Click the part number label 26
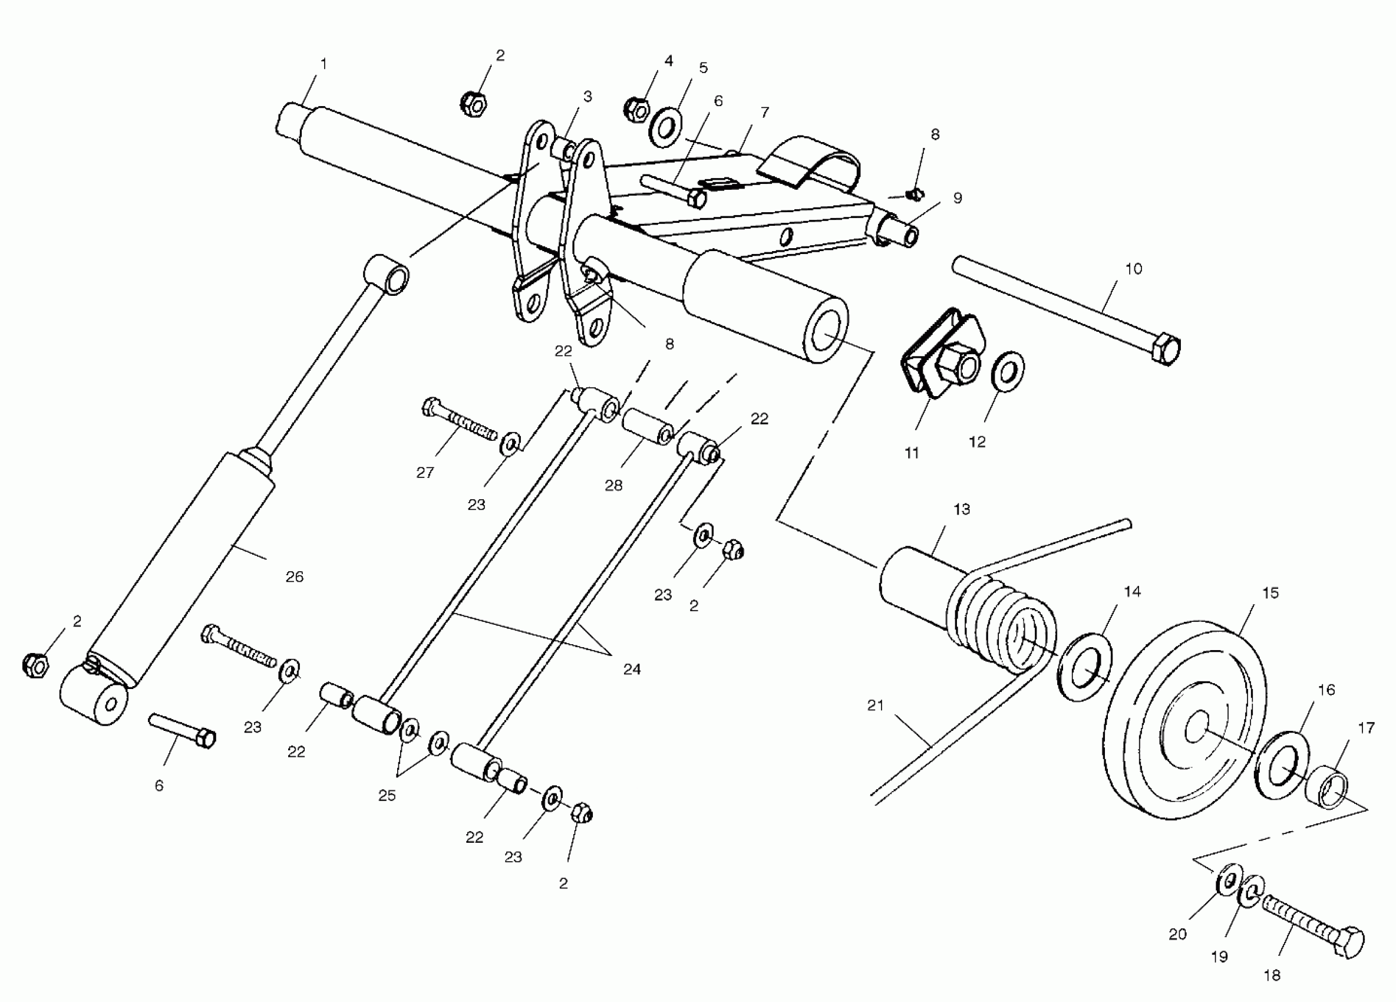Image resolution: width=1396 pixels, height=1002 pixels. pos(295,576)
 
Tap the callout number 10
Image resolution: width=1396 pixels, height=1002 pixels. pos(1133,269)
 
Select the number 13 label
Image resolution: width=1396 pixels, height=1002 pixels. pos(962,510)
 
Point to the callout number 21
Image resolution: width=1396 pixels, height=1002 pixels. pos(875,706)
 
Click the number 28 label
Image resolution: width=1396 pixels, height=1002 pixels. pos(613,486)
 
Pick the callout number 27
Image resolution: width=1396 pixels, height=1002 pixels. pos(425,473)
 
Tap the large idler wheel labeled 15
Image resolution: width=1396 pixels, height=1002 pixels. pos(1185,720)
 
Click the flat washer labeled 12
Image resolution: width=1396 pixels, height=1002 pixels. pos(1008,372)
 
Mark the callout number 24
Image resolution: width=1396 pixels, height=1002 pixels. pos(632,670)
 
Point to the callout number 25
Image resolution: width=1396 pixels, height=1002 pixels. pos(387,796)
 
